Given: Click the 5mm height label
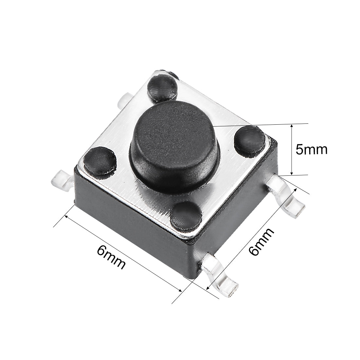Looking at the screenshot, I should pos(311,150).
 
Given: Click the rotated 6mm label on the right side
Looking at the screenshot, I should pos(261,242).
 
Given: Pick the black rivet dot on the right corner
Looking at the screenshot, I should pos(251,140).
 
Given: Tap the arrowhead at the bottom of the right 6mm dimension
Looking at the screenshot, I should pos(208,288).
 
